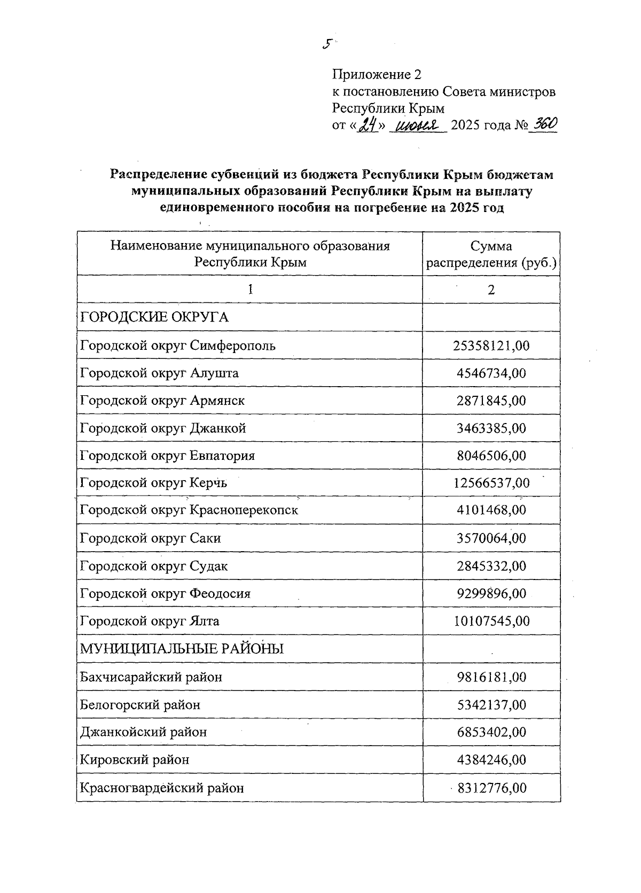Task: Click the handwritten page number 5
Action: point(327,44)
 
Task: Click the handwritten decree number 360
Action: point(543,124)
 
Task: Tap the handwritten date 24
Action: point(368,126)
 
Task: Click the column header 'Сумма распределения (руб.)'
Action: point(491,254)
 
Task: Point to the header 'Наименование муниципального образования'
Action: point(250,246)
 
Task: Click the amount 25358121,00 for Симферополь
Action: point(491,346)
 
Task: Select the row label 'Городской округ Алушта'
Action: point(159,373)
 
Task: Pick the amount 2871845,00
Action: point(491,401)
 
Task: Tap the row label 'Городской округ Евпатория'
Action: point(167,456)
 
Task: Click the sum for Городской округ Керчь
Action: point(491,483)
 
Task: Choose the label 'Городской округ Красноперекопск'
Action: point(189,510)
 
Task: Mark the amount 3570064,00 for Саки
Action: point(491,538)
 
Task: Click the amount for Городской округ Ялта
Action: point(491,621)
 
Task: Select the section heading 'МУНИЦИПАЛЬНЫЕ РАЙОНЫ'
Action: point(182,649)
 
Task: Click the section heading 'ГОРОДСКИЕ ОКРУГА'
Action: point(154,317)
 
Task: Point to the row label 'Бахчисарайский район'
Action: point(151,677)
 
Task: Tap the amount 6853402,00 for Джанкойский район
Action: point(491,732)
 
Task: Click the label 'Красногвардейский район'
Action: point(161,788)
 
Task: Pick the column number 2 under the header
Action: point(491,289)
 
